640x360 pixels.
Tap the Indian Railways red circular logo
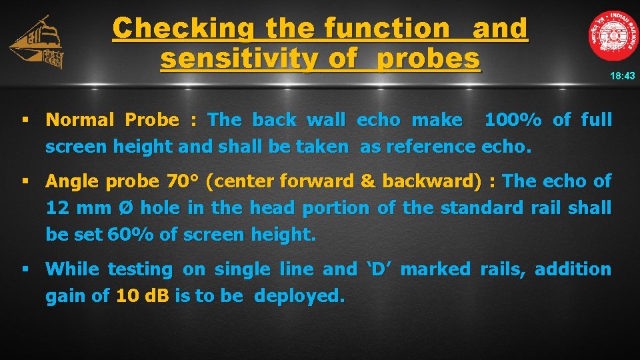point(613,36)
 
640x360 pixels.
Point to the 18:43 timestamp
point(622,76)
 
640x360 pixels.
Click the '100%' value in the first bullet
point(513,120)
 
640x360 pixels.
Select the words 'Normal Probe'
point(112,120)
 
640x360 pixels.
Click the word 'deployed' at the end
point(299,296)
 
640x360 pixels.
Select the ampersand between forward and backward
point(347,181)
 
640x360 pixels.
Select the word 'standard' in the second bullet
point(481,208)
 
